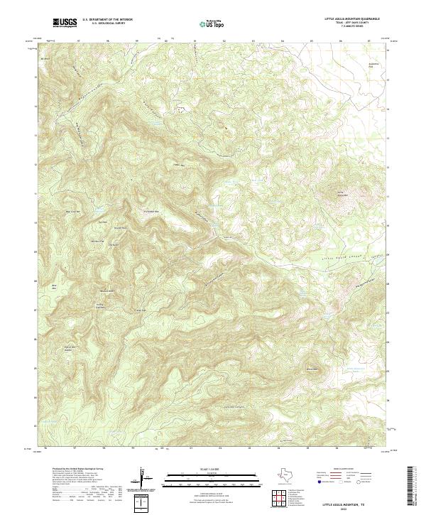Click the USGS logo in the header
65,23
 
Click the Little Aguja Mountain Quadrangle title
351,19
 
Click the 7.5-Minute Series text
351,28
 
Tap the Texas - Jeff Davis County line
351,23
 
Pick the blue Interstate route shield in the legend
320,482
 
